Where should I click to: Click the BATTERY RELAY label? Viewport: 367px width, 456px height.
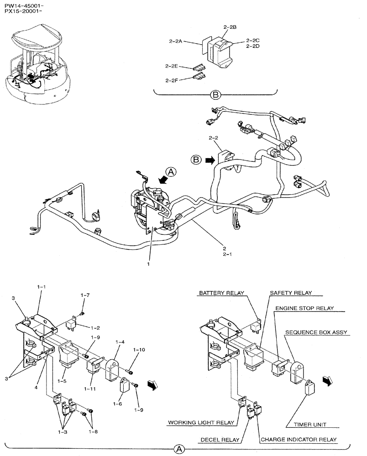(221, 293)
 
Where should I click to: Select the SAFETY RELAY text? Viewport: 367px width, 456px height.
(288, 293)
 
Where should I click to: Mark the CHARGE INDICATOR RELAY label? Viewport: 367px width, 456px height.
(299, 440)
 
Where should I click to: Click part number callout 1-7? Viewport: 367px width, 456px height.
(85, 295)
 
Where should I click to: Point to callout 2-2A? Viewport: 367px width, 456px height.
(175, 41)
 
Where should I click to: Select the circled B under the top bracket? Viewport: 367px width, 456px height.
(215, 95)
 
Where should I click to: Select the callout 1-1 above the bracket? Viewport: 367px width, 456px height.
(42, 287)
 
